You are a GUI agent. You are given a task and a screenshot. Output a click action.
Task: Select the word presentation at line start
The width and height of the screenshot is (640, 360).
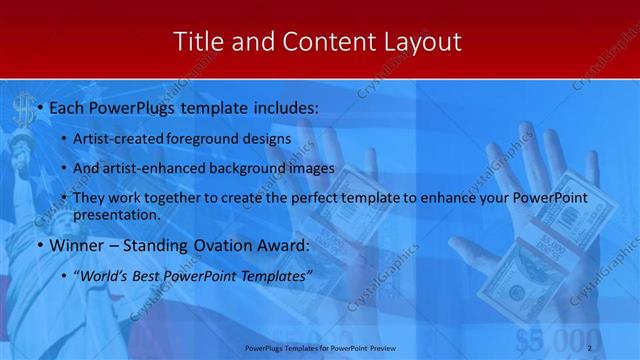(x=116, y=214)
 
